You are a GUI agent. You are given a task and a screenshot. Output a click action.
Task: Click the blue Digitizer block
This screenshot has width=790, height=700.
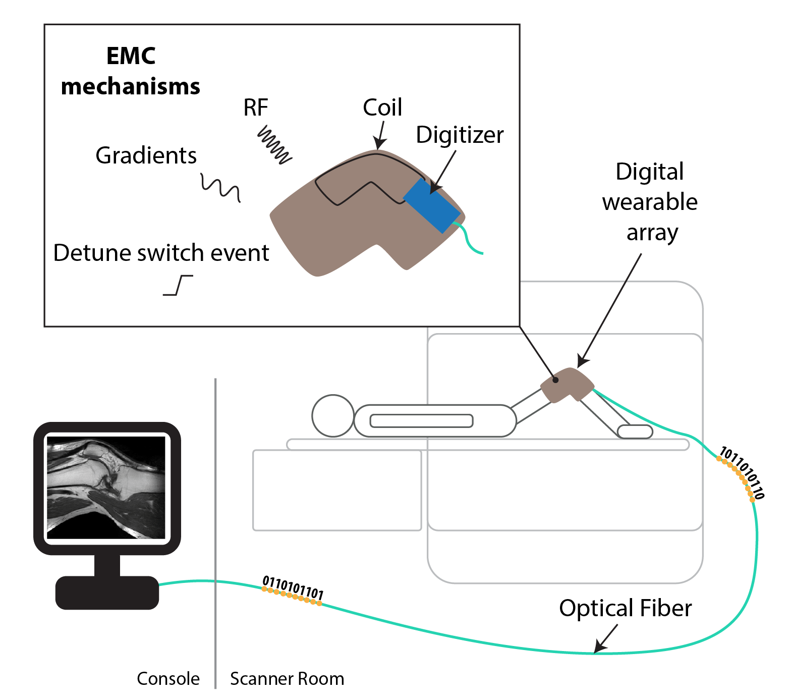pos(431,205)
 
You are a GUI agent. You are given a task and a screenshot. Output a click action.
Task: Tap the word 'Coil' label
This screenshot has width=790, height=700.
pos(382,107)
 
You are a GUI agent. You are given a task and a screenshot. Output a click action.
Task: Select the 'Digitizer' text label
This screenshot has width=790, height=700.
pos(460,135)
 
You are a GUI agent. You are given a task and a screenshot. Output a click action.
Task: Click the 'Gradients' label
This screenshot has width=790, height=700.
pos(146,155)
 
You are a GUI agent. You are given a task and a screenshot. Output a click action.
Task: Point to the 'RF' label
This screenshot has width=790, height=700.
pos(256,107)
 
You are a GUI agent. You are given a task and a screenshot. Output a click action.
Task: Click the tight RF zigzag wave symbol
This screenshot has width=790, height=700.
pos(275,145)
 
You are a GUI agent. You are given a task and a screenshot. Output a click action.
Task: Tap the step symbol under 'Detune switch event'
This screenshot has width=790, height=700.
pos(178,285)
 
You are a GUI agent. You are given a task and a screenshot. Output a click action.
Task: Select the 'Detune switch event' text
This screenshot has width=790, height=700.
pos(161,253)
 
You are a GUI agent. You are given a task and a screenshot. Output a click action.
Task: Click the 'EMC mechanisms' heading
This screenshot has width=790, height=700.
pos(131,71)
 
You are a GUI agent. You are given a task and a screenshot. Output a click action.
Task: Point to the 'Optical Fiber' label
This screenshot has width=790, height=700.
pos(625,608)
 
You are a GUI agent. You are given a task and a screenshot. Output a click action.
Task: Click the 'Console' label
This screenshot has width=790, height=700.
pos(168,679)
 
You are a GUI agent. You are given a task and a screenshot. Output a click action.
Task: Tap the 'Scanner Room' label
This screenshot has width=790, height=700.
pos(287,679)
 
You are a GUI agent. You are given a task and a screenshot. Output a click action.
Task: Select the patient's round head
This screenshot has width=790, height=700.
pos(333,415)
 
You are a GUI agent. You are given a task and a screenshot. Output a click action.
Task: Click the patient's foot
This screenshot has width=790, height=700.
pos(635,432)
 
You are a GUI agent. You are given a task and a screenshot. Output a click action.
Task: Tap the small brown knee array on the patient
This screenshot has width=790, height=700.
pos(567,385)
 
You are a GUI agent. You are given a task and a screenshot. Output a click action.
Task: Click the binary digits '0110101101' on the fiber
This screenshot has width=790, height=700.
pos(293,589)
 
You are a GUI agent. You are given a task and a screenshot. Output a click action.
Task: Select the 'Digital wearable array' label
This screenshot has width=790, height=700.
pos(650,202)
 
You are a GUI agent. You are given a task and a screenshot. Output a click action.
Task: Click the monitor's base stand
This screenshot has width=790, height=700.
pos(107,592)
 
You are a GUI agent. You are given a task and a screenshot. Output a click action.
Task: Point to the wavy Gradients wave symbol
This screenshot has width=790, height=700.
pos(220,188)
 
